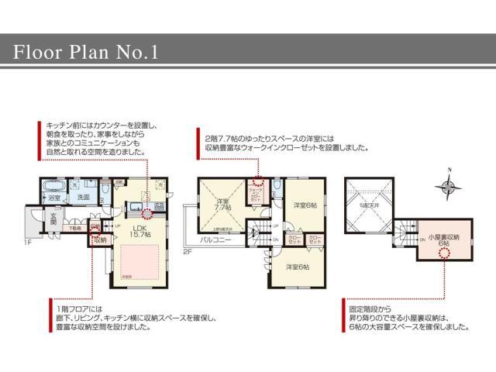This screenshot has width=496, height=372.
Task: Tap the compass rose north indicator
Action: click(447, 185)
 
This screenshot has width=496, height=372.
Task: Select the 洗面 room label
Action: click(83, 198)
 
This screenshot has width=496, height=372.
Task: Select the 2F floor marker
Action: click(187, 251)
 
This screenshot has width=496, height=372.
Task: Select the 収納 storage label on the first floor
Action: click(99, 240)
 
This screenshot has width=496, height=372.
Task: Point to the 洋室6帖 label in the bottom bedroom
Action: click(296, 267)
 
